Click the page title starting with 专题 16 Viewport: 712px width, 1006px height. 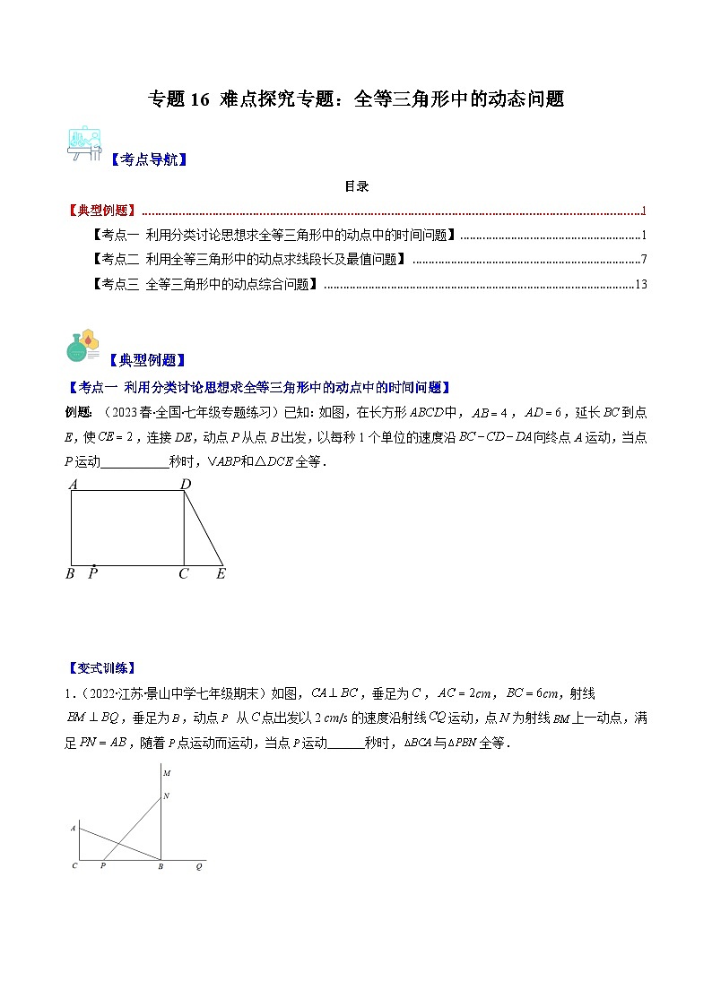click(x=356, y=99)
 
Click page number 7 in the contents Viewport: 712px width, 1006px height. click(x=644, y=260)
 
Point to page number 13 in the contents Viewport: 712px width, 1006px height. click(x=640, y=284)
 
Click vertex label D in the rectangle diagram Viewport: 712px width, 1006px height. click(x=186, y=485)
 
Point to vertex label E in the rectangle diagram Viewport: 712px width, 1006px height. click(x=221, y=574)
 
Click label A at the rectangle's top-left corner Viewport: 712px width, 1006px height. click(x=73, y=485)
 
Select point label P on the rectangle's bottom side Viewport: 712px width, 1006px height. click(x=93, y=574)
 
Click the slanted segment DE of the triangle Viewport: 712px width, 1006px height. click(x=204, y=529)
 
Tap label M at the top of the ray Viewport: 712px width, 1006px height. click(x=167, y=772)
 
